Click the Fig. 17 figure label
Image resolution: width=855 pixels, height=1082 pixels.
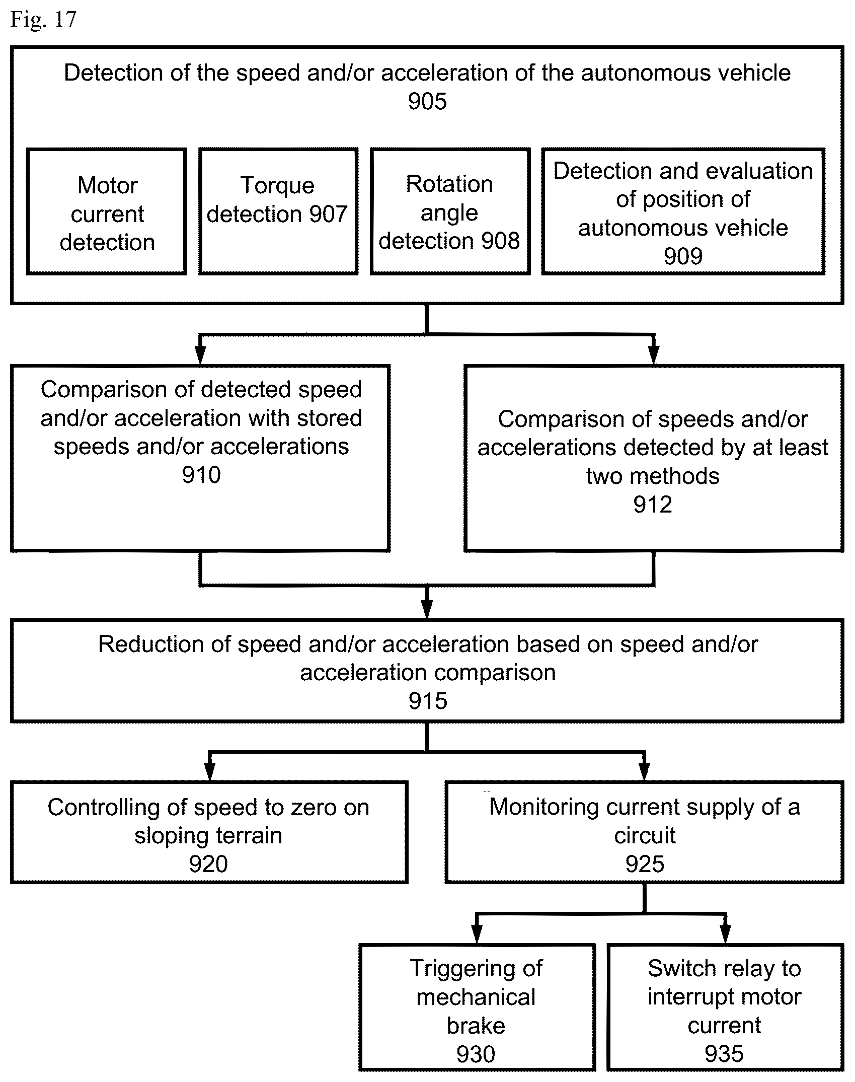coord(43,20)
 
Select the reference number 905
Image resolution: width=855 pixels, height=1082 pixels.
coord(427,101)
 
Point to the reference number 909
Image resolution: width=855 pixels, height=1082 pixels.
coord(683,256)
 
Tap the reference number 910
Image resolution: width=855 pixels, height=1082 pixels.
coord(201,475)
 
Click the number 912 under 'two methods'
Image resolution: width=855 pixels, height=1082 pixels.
coord(653,504)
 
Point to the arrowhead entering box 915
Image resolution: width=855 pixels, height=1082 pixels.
coord(427,610)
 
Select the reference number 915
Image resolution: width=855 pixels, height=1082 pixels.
coord(428,701)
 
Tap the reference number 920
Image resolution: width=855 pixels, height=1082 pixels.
coord(208,864)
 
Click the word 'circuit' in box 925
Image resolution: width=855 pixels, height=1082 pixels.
coord(645,836)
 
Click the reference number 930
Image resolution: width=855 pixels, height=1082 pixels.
coord(476,1054)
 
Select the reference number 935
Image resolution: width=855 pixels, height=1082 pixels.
coord(724,1054)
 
